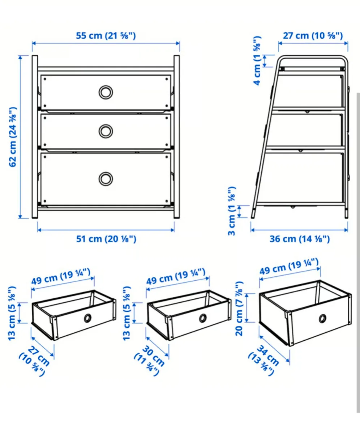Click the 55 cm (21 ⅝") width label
[106, 36]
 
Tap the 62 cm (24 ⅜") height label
[13, 137]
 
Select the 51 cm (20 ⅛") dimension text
[106, 239]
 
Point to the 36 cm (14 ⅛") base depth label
[299, 239]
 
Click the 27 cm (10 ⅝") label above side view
[312, 35]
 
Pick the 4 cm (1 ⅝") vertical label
[257, 60]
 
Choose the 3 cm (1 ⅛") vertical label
[232, 211]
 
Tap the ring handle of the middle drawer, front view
[105, 131]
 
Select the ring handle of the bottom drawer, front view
[106, 179]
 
